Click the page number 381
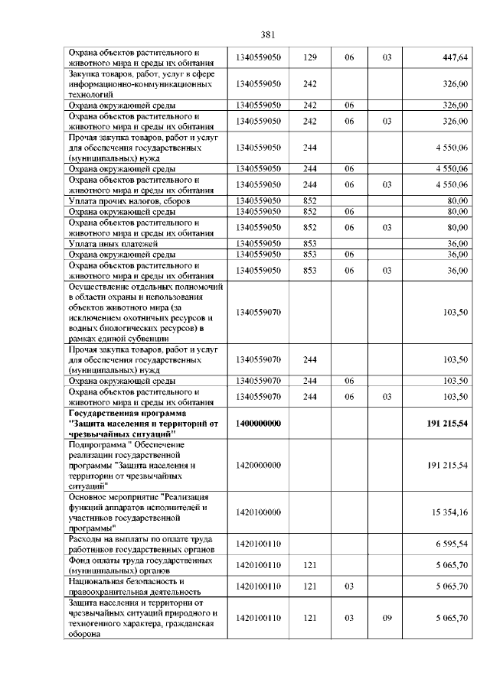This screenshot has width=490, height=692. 268,34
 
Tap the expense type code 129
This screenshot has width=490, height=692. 310,57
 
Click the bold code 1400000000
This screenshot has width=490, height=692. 260,423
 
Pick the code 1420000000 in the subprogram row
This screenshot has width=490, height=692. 260,465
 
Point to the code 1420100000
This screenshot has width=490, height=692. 260,512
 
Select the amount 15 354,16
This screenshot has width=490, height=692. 450,512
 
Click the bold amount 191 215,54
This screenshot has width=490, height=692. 447,423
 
